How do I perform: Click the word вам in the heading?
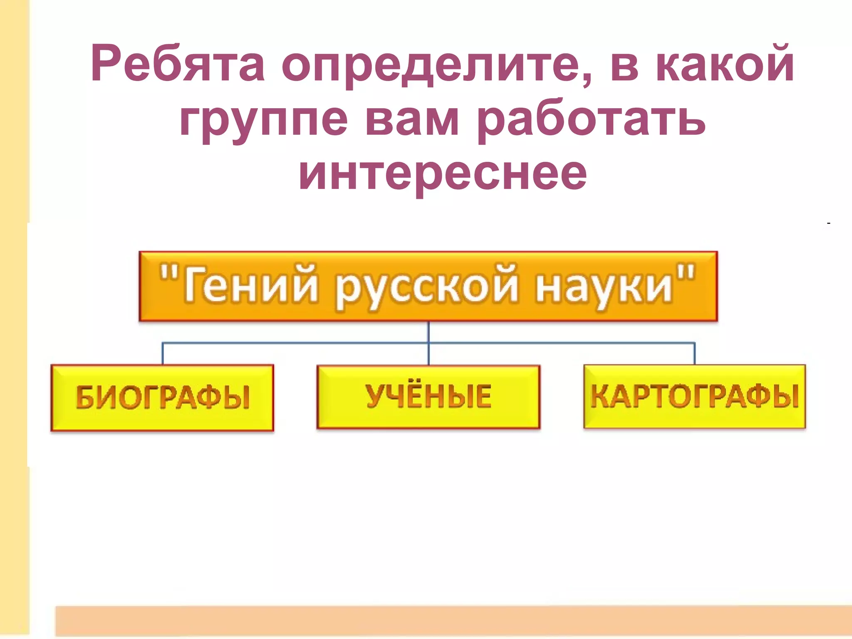coord(412,121)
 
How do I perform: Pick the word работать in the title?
coord(591,121)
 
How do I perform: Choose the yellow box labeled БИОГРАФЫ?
coord(162,397)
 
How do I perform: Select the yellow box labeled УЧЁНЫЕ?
coord(428,396)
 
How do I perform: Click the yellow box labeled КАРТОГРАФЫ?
coord(694,396)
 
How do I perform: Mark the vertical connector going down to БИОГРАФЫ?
coord(163,354)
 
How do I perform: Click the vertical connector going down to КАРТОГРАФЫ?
coord(694,354)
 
